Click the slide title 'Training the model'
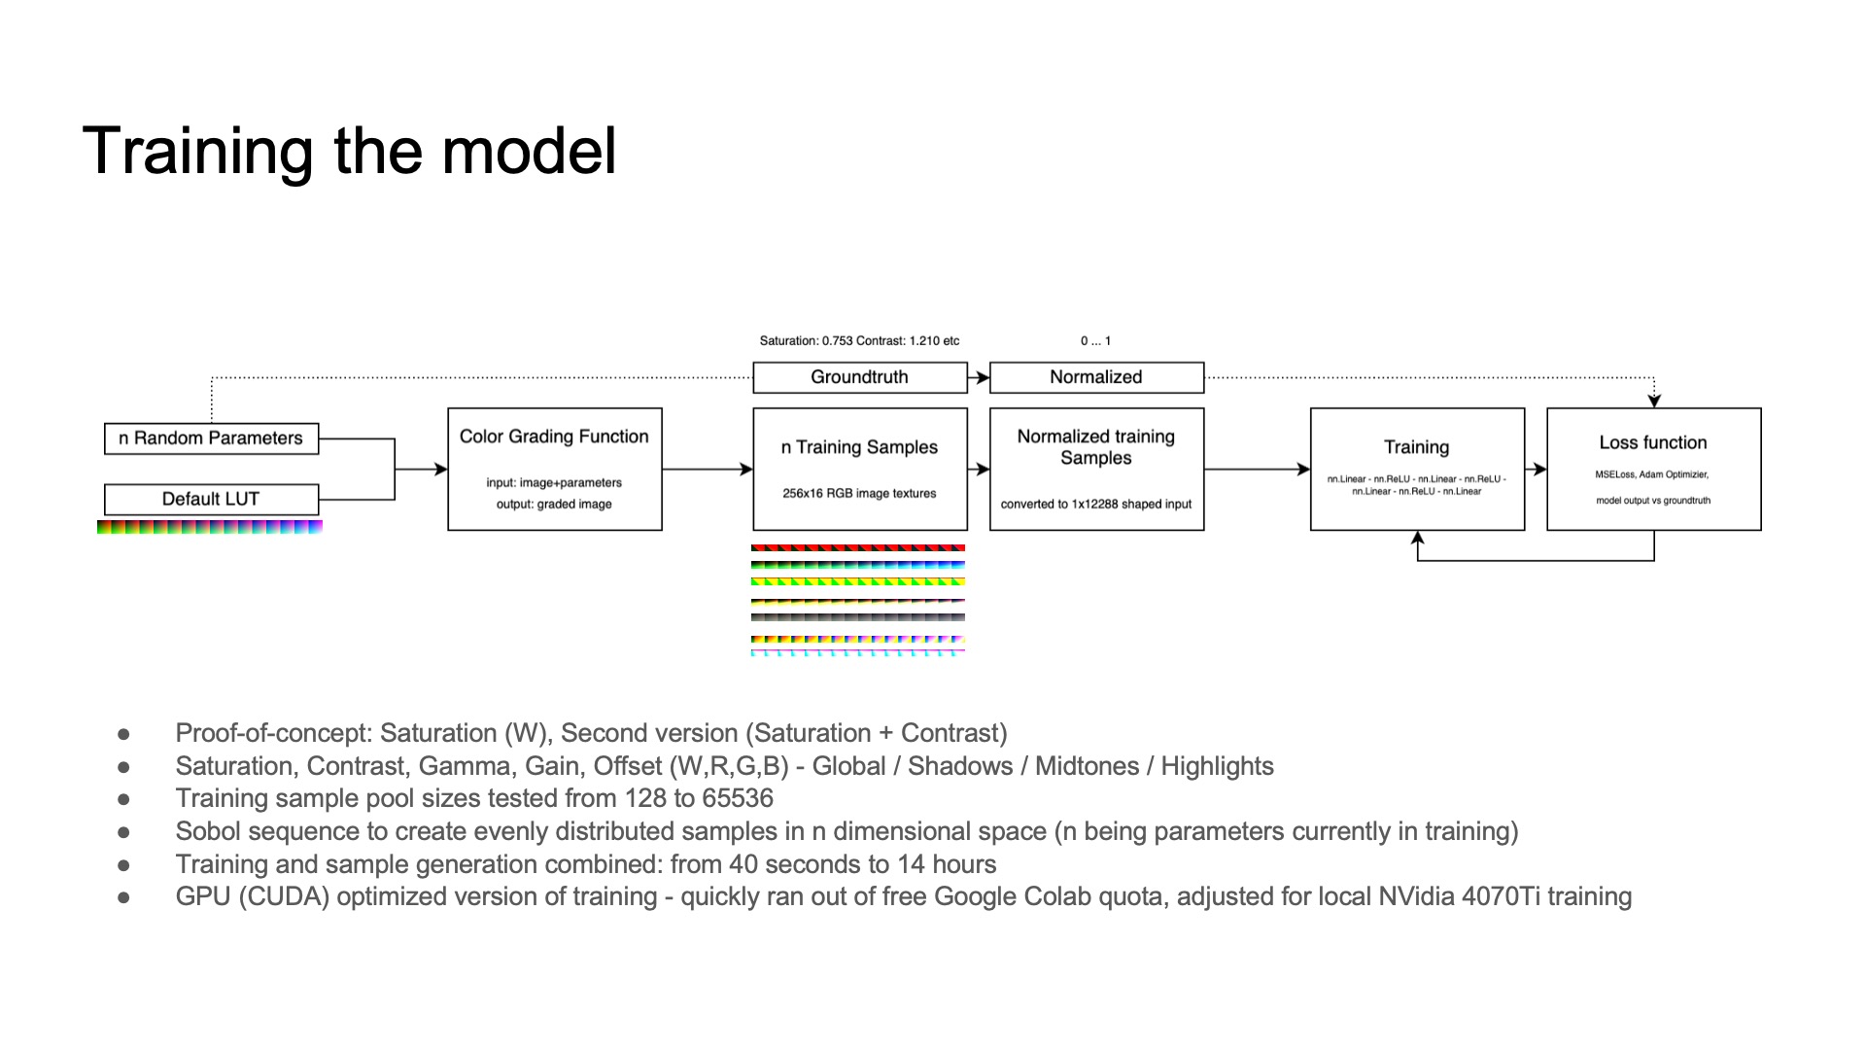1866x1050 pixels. [350, 151]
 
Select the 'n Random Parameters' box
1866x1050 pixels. [211, 438]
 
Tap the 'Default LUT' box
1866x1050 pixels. [211, 500]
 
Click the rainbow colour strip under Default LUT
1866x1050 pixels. [210, 527]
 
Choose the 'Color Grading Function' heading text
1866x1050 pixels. [554, 437]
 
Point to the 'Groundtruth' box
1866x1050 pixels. [860, 377]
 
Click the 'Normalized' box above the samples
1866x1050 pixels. [1096, 377]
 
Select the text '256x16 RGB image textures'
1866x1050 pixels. [860, 494]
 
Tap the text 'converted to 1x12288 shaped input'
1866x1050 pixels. [1096, 505]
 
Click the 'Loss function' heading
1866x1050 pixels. [1653, 442]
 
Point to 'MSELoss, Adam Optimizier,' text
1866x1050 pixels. [1652, 474]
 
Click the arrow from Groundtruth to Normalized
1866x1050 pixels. [979, 377]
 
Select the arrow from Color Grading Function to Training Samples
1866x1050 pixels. [708, 470]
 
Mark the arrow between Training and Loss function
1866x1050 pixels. [1536, 470]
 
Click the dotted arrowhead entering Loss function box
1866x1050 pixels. [1654, 401]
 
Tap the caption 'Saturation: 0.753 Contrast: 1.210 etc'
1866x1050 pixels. [859, 341]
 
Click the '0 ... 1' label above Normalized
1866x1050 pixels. [1095, 341]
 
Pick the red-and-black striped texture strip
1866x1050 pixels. [858, 548]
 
